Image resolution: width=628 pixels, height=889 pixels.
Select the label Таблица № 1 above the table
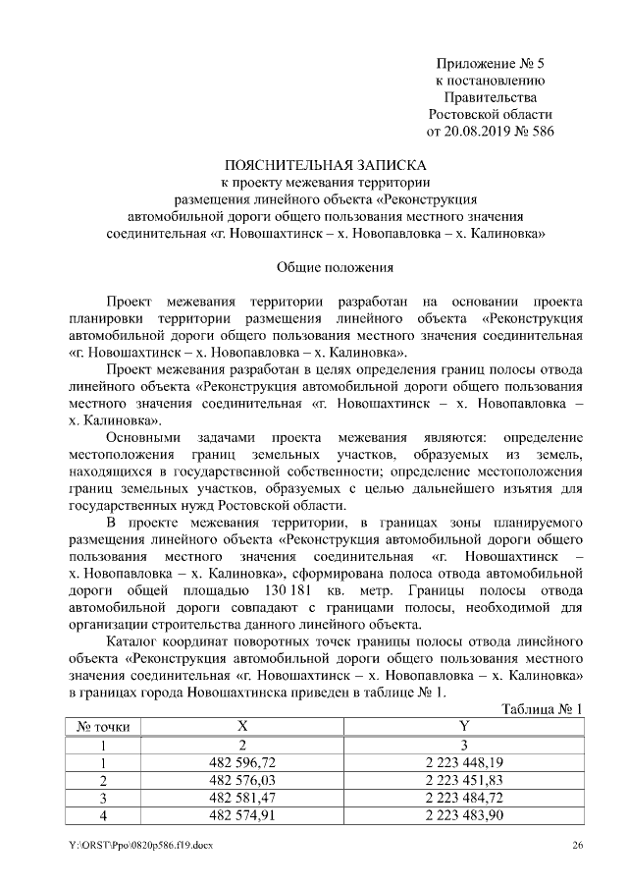tap(541, 708)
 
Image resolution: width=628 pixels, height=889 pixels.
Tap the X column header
tap(241, 726)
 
